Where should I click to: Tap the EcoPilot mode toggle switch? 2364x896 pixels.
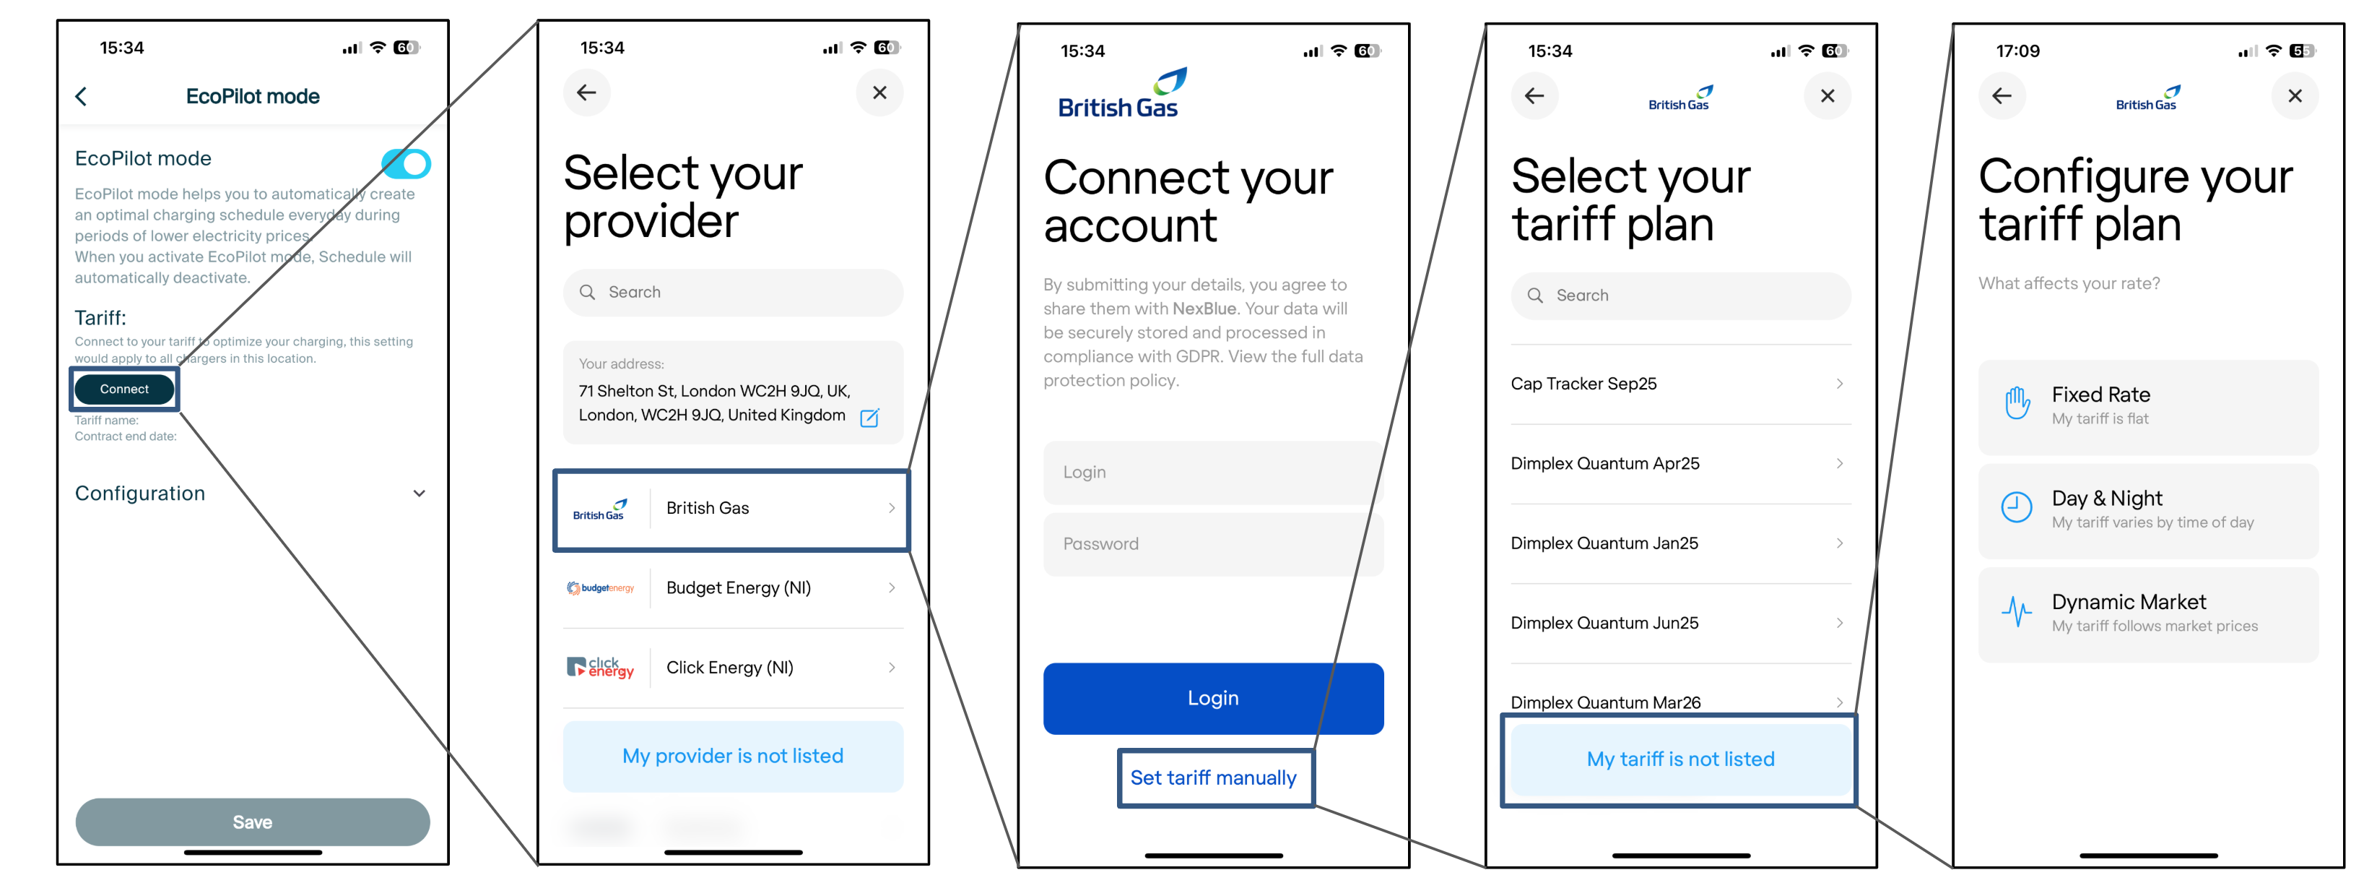(406, 164)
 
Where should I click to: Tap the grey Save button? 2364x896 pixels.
(253, 822)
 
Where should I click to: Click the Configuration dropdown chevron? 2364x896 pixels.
(420, 493)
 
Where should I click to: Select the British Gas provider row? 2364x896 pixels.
(731, 509)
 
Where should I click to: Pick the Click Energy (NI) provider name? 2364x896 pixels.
(729, 668)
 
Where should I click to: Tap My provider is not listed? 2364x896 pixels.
(732, 756)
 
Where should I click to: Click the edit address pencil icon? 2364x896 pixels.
(869, 418)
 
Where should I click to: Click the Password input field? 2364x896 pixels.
(1212, 543)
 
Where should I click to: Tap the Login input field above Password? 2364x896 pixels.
(1212, 472)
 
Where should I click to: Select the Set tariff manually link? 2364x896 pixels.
(1213, 777)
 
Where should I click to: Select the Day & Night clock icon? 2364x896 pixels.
(2016, 507)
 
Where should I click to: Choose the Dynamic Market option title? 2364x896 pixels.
(2128, 602)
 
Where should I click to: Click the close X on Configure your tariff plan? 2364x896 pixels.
(2294, 95)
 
